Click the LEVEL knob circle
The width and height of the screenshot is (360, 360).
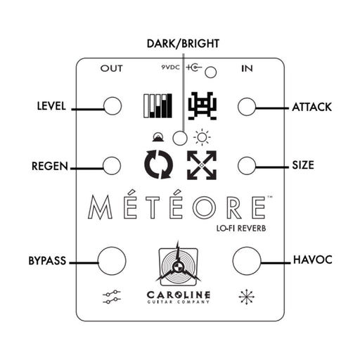coord(112,106)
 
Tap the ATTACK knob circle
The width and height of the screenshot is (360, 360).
coord(246,106)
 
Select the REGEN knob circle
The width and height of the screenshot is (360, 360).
coord(112,165)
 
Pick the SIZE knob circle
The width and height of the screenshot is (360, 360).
coord(246,165)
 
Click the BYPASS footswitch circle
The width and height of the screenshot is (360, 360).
coord(112,260)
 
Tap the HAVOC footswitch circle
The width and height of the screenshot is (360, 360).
coord(247,260)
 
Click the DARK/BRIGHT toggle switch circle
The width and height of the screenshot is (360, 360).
coord(181,138)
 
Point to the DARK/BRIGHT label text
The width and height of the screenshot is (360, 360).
coord(183,44)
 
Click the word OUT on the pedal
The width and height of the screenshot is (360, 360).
coord(112,69)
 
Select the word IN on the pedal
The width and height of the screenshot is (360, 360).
coord(247,69)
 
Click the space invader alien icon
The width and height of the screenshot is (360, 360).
coord(202,106)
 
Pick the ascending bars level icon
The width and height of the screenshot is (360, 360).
coord(157,106)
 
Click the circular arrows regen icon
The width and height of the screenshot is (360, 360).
coord(158,165)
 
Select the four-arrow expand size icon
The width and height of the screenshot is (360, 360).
coord(202,165)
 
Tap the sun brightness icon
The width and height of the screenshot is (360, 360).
coord(202,138)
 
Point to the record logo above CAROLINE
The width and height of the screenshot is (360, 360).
coord(179,264)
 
